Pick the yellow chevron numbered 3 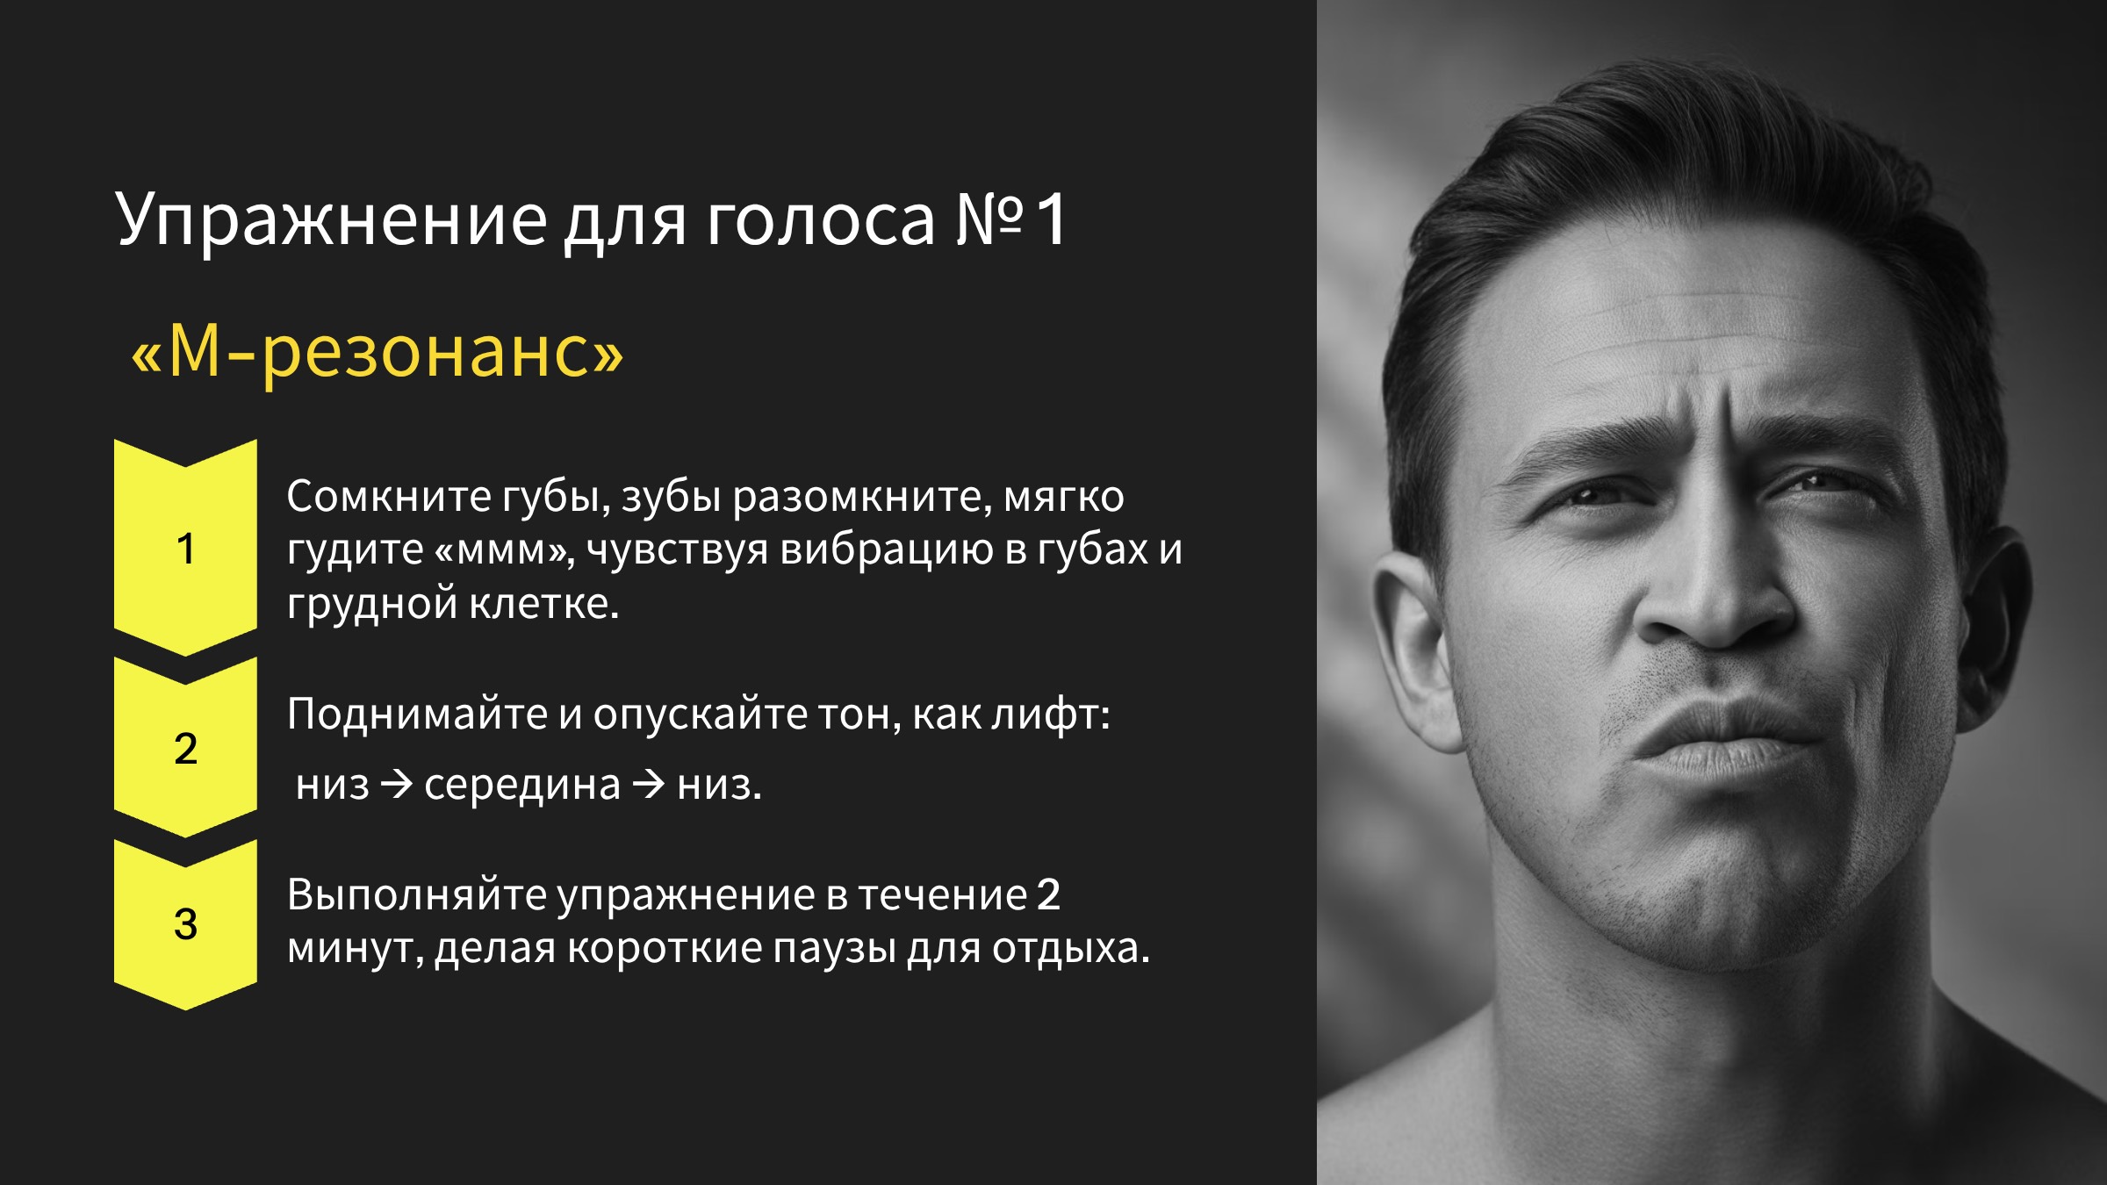(x=185, y=924)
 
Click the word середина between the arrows (x=522, y=785)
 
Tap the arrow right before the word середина (x=397, y=784)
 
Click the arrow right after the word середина (x=649, y=784)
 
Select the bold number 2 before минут (x=1049, y=895)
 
